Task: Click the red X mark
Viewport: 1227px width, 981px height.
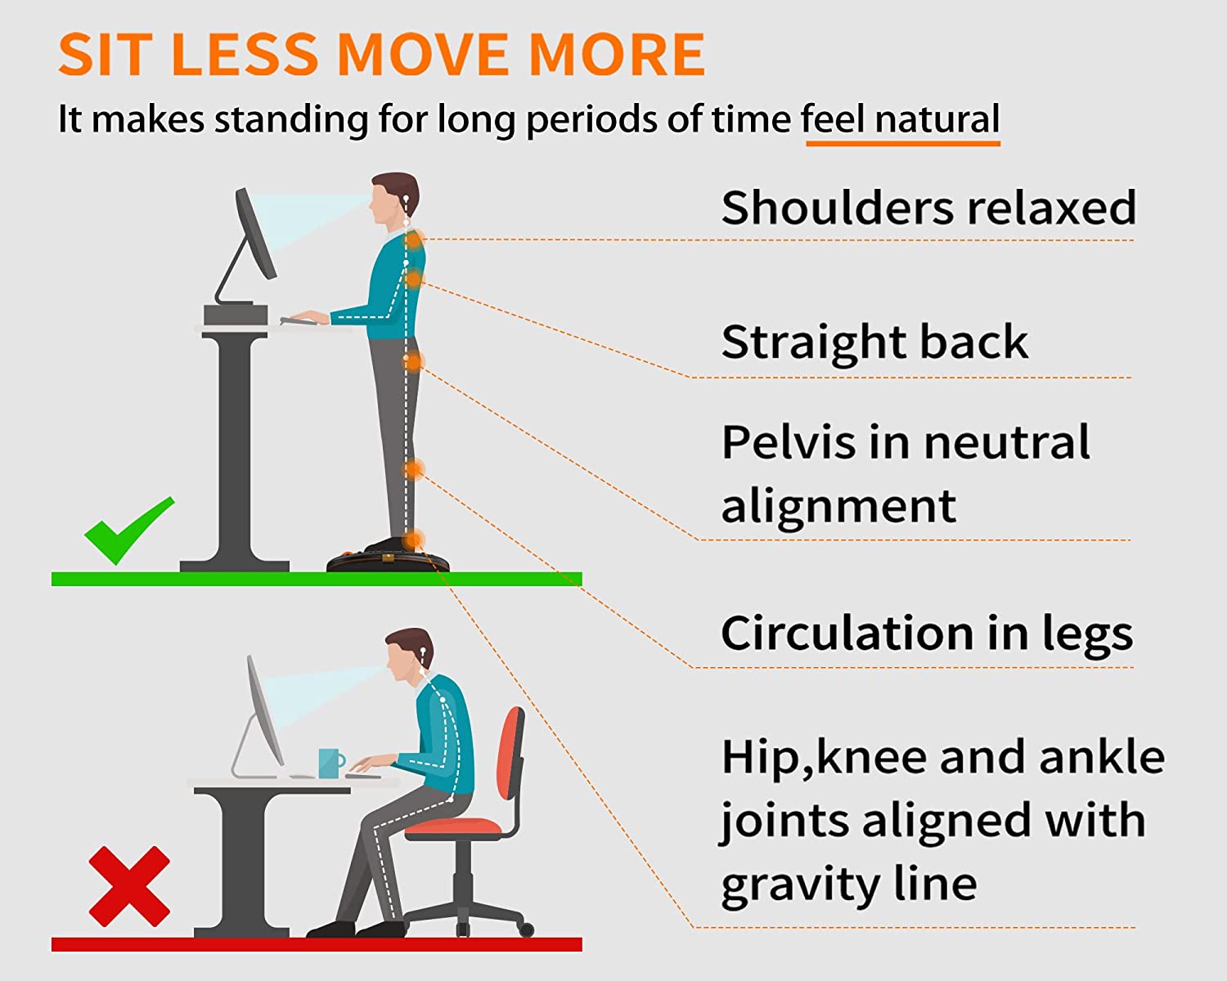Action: point(129,886)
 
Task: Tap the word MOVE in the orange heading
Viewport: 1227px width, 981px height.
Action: point(422,54)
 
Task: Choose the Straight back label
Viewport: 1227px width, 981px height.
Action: point(874,342)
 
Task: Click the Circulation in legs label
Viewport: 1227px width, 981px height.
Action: point(927,633)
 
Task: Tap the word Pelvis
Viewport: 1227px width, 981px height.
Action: point(789,442)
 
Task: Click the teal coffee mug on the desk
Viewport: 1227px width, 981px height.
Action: point(331,763)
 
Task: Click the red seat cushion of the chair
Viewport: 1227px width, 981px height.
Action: point(453,826)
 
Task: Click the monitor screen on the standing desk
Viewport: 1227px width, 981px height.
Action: point(256,233)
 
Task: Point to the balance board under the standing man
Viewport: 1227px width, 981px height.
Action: point(388,562)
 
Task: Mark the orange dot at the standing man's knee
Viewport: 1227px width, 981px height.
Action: point(413,470)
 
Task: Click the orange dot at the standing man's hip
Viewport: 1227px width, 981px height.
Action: point(413,361)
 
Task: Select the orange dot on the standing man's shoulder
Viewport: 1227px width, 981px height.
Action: point(414,240)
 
